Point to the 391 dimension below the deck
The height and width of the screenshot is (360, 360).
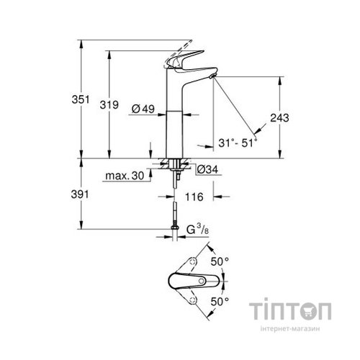tap(90, 194)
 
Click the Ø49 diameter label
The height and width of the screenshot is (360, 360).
tap(143, 109)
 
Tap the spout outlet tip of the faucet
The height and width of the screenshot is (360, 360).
tap(212, 76)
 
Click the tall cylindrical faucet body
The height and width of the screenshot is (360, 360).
tap(176, 122)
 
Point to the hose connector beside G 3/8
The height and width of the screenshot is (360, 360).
tap(176, 232)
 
